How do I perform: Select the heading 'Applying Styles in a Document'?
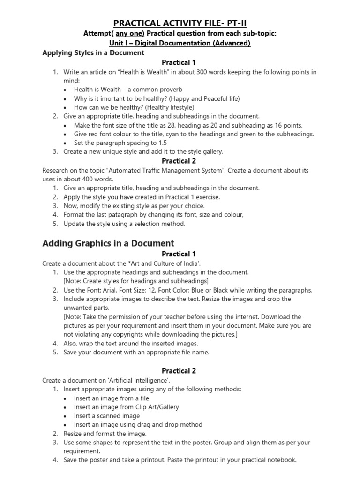[x=93, y=53]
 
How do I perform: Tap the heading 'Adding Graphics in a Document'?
[x=108, y=243]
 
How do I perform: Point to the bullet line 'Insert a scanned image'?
[x=107, y=416]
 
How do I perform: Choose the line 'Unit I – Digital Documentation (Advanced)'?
[x=180, y=43]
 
